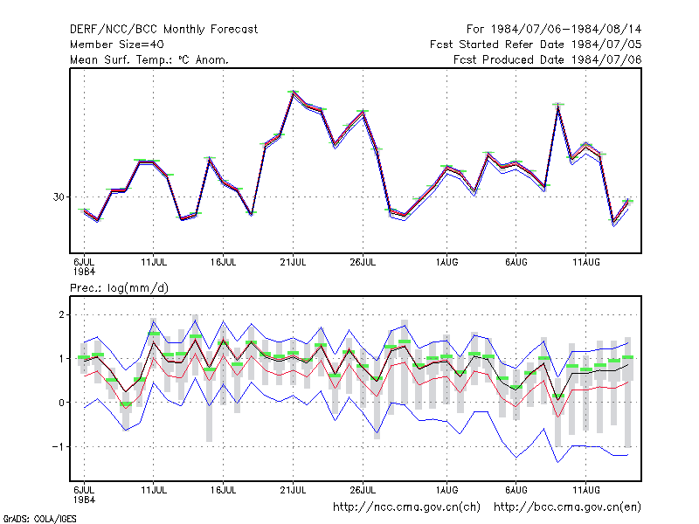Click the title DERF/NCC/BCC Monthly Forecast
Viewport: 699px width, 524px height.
point(163,30)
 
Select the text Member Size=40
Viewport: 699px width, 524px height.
point(117,45)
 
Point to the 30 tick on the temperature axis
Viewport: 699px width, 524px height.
point(59,197)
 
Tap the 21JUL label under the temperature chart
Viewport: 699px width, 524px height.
point(293,262)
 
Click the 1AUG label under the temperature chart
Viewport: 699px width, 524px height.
point(446,262)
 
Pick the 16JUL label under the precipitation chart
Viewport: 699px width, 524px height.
point(224,490)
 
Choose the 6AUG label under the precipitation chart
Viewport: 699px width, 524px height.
point(516,490)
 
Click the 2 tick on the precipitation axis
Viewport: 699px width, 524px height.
point(61,315)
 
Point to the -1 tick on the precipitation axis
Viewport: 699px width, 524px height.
point(59,446)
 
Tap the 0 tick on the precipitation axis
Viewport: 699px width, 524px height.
point(61,403)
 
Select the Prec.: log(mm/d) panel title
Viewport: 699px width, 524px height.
point(119,288)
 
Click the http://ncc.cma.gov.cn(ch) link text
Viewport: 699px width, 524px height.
point(406,507)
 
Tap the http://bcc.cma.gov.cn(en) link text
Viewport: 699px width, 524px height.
point(567,507)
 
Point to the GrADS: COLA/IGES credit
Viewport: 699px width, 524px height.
point(39,519)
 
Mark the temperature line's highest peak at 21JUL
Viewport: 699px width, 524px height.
point(293,93)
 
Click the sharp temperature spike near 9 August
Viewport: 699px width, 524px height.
point(558,106)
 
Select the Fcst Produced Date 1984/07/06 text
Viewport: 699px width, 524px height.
point(548,59)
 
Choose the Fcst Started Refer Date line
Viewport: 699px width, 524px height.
point(536,45)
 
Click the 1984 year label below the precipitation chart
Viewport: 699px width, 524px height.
point(84,500)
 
